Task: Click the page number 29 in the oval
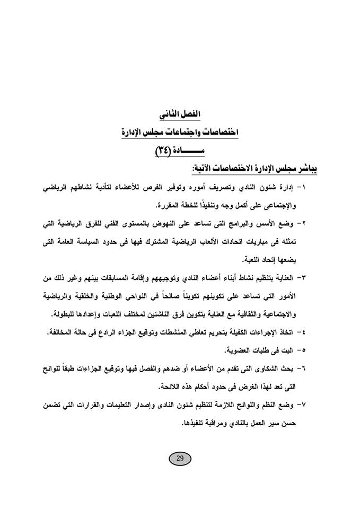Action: pos(179,459)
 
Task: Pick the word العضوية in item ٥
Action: pos(241,350)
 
